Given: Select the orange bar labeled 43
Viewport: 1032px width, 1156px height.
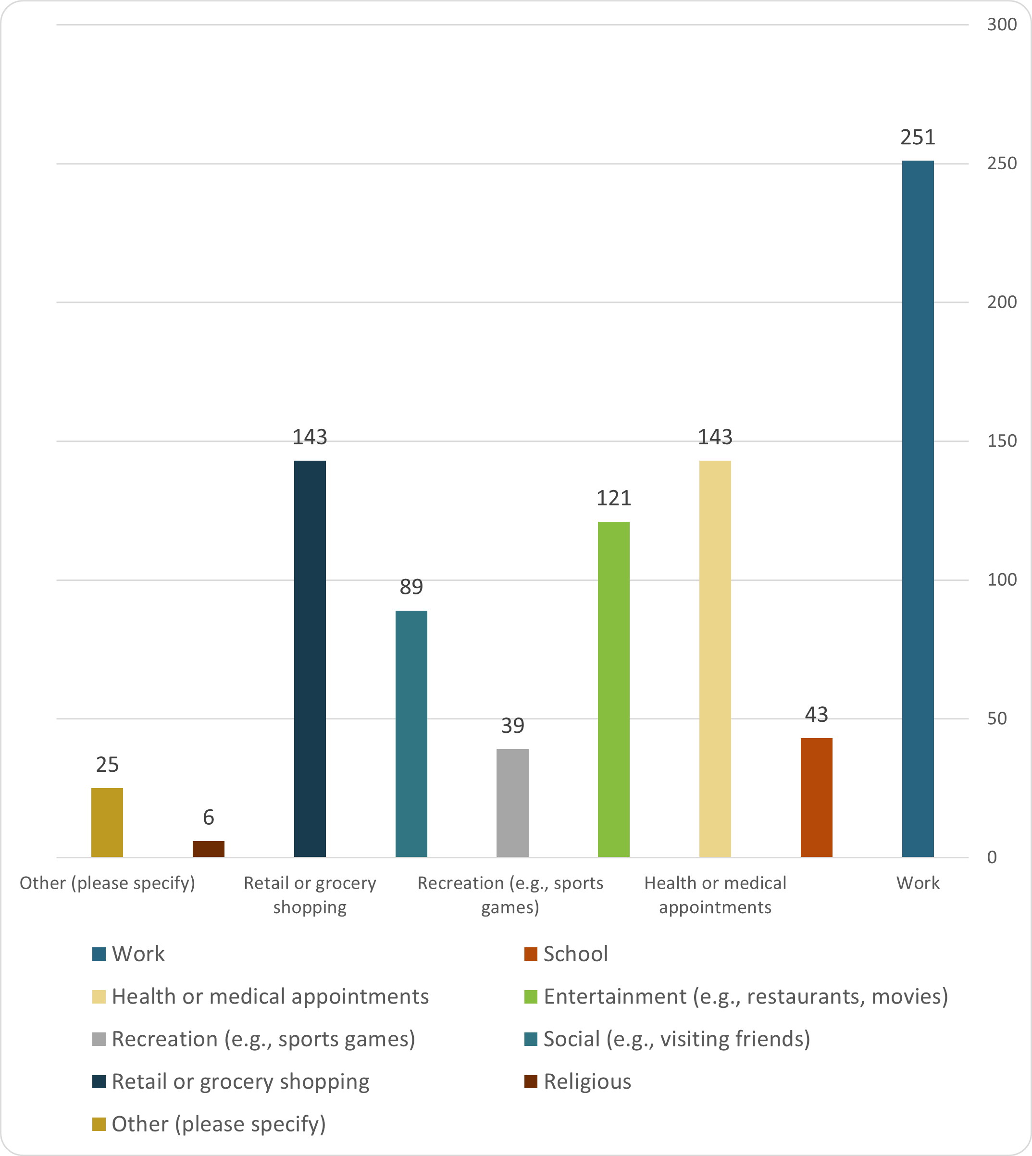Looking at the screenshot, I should click(x=816, y=797).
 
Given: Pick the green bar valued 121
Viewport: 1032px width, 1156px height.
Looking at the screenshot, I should click(x=613, y=689).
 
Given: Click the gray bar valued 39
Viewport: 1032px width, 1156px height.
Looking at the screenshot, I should click(x=512, y=803).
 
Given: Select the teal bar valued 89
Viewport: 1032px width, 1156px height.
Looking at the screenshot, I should click(x=411, y=733).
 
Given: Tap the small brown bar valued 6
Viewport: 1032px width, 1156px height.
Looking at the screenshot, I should click(x=208, y=849).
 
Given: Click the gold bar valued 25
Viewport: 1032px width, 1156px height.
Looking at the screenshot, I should click(x=107, y=822).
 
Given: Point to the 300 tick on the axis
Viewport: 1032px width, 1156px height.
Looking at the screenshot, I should click(x=1001, y=25).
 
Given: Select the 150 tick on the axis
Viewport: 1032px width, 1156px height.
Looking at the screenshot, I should click(x=1001, y=441).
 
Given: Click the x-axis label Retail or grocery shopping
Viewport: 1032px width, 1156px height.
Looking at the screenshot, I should click(x=310, y=894).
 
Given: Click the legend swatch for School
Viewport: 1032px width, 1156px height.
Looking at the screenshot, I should click(x=530, y=954).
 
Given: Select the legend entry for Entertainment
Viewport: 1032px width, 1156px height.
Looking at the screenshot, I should click(x=745, y=997).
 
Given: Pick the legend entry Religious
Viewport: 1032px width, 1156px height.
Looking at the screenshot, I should click(x=587, y=1081).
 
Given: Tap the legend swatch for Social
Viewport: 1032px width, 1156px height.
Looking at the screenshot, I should click(x=530, y=1039).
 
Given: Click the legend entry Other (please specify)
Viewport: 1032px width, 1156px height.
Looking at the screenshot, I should click(x=218, y=1124).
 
